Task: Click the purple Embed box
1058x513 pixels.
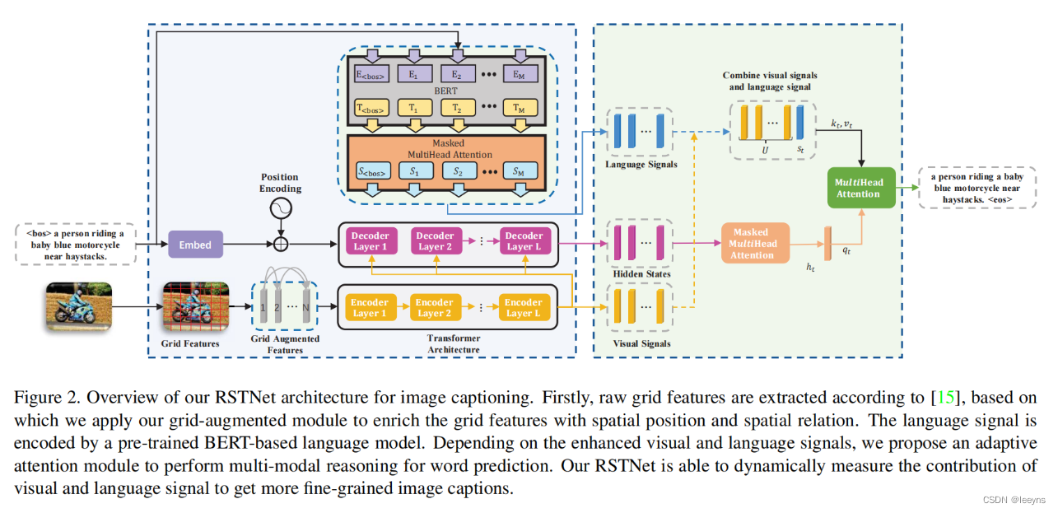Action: pos(195,245)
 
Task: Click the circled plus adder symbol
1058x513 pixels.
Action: pos(280,245)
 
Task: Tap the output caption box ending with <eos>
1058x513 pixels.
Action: pos(978,189)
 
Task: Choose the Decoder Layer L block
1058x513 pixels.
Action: pos(524,240)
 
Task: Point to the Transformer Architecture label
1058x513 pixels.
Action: pos(453,343)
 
